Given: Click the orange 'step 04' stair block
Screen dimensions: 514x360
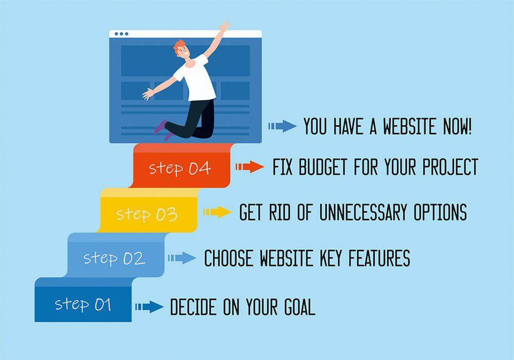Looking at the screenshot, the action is pos(181,166).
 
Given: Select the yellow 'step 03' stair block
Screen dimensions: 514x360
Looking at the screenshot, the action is pos(148,210).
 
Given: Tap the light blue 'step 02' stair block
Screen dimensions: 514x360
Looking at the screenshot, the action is pos(115,255).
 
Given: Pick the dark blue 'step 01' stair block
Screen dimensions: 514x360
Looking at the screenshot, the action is pos(83,300).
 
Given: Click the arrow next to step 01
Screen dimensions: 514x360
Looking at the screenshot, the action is pos(150,307).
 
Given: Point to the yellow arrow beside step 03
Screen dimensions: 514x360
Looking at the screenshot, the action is pos(217,212).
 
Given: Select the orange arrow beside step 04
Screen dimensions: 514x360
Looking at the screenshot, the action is pos(249,167).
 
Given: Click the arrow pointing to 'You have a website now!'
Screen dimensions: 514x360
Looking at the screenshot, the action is pos(282,126).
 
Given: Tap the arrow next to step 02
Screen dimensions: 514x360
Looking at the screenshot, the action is pos(182,258).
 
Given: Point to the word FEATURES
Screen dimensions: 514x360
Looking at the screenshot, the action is pos(379,258).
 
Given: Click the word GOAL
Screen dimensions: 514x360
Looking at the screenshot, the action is pos(300,307).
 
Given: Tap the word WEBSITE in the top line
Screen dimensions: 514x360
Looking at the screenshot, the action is pos(410,126).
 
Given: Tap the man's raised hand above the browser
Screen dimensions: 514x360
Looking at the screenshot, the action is pos(225,26).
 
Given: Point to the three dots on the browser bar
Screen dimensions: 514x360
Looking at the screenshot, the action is pos(121,34).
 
